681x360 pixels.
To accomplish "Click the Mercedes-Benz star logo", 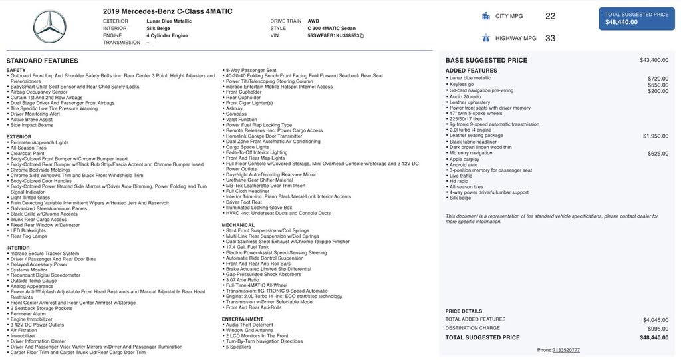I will pos(49,27).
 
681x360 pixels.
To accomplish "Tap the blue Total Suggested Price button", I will pos(637,19).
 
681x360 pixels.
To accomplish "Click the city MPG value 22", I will pos(550,16).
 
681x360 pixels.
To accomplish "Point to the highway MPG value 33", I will pos(550,38).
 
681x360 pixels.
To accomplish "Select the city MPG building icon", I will pos(486,16).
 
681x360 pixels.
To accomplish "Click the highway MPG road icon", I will pos(486,38).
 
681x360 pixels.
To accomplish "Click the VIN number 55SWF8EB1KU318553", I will pos(333,35).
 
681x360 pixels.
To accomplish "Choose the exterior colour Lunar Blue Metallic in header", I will pos(169,21).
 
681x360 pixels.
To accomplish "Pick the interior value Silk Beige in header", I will pos(158,29).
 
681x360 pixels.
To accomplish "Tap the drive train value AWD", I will pos(313,21).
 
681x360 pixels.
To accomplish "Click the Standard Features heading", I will pos(43,61).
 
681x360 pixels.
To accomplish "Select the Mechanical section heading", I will pos(238,225).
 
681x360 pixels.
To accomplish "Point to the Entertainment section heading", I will pos(243,319).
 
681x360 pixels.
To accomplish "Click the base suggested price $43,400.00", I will pos(654,60).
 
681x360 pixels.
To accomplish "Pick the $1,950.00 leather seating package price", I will pos(656,136).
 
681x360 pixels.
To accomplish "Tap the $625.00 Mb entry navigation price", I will pos(658,153).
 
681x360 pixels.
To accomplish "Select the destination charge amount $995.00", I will pos(658,329).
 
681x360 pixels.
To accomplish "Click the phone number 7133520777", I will pos(566,350).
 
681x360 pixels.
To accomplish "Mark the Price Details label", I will pos(464,311).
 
